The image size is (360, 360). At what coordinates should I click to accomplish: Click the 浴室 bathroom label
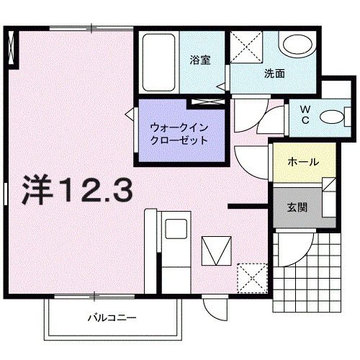pyautogui.click(x=200, y=61)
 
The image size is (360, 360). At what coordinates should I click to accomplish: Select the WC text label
pyautogui.click(x=305, y=115)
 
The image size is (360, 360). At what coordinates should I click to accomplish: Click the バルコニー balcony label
pyautogui.click(x=112, y=318)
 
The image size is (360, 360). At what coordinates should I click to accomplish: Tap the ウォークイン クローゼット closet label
pyautogui.click(x=179, y=134)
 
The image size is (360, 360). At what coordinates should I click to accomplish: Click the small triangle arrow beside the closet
pyautogui.click(x=129, y=114)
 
